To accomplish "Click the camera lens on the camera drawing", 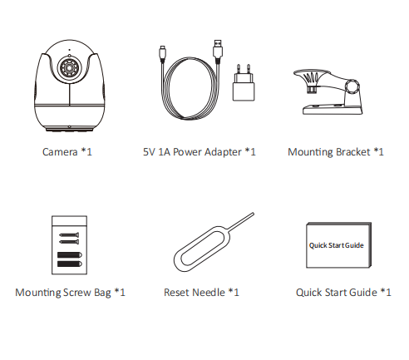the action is click(69, 68).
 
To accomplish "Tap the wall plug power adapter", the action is click(244, 82).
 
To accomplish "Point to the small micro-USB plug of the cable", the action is click(162, 53).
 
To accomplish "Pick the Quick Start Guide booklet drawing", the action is click(338, 245).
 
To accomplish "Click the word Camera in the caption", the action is click(60, 152).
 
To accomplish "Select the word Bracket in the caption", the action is click(353, 152).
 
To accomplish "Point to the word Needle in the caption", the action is click(209, 293).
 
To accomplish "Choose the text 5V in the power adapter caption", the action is click(149, 152).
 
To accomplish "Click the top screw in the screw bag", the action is click(69, 235).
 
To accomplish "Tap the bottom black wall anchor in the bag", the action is click(70, 264).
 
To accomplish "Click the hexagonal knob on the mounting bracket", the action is click(352, 86).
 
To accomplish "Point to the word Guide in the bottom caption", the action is click(363, 293).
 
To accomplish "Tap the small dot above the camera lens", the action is click(69, 50).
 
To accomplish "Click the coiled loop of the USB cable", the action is click(190, 88).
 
